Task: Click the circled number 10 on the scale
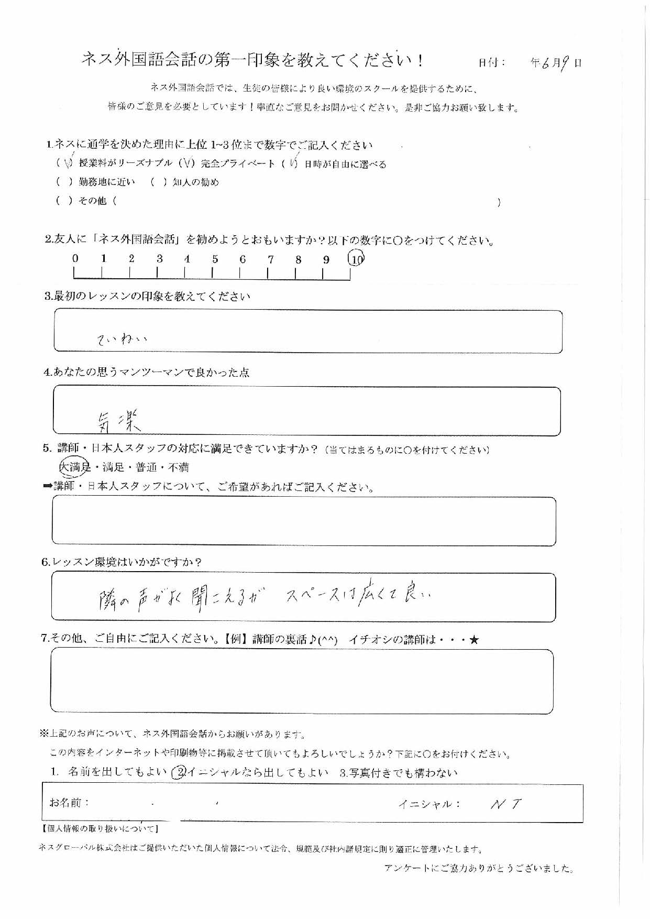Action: point(356,258)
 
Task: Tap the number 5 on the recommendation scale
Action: point(215,259)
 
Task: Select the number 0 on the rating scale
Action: point(75,258)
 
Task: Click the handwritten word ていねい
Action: point(122,340)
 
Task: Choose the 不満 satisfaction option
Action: point(179,467)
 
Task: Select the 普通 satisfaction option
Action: point(146,467)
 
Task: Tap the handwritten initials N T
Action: point(505,804)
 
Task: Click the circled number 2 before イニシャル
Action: point(179,772)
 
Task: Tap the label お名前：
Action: point(69,803)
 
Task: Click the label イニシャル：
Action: point(429,804)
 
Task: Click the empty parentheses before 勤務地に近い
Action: point(63,182)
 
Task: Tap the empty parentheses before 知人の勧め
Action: point(158,182)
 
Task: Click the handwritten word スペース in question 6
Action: point(312,596)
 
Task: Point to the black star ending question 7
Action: point(475,640)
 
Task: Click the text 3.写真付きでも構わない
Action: point(398,773)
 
